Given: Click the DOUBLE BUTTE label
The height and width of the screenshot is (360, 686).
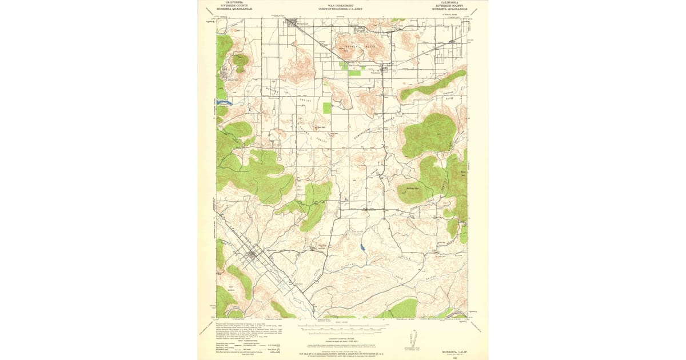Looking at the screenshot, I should point(352,45).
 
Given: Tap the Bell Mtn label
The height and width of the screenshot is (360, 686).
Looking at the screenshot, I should point(321,127).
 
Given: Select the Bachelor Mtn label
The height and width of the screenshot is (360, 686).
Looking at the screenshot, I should point(413,187).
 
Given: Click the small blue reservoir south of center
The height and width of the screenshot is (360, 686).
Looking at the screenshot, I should point(362,248).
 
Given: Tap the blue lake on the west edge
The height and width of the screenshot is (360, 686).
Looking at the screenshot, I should point(224,103).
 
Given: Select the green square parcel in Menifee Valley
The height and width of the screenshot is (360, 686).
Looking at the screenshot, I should point(327,107).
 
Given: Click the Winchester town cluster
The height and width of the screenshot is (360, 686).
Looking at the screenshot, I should point(384,69).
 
